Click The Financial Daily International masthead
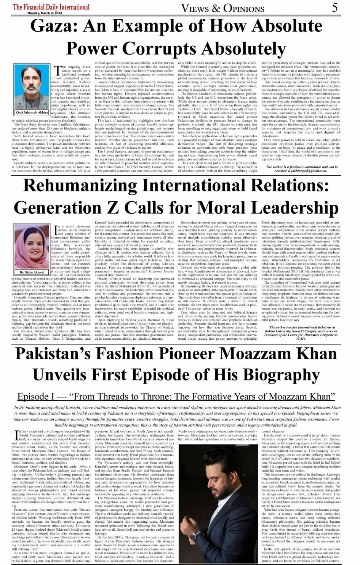tap(51, 7)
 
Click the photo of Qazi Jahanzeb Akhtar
tap(32, 87)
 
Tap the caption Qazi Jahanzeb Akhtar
tap(32, 112)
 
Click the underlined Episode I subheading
tap(176, 396)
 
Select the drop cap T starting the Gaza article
tap(58, 71)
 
